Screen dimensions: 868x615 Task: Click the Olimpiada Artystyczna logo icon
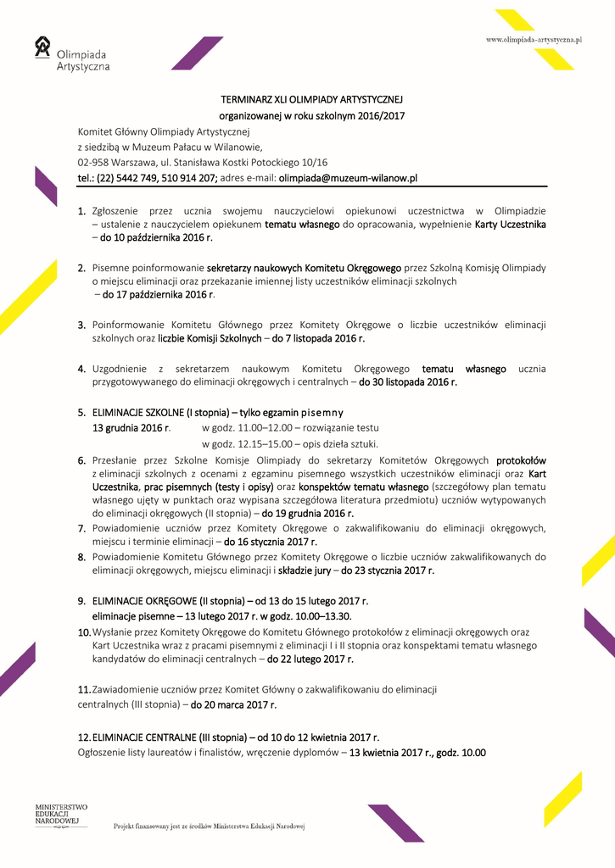pyautogui.click(x=42, y=47)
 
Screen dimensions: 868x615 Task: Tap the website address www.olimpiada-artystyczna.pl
pyautogui.click(x=533, y=40)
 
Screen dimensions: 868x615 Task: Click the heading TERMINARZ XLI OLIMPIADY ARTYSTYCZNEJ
pyautogui.click(x=311, y=99)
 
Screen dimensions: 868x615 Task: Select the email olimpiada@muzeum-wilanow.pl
pyautogui.click(x=348, y=178)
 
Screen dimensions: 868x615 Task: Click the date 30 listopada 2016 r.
pyautogui.click(x=408, y=382)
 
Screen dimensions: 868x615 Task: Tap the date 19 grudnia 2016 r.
pyautogui.click(x=308, y=513)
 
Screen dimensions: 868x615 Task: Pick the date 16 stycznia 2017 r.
pyautogui.click(x=271, y=542)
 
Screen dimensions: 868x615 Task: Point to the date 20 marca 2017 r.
pyautogui.click(x=233, y=704)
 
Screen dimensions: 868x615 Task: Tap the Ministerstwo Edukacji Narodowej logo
pyautogui.click(x=61, y=815)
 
